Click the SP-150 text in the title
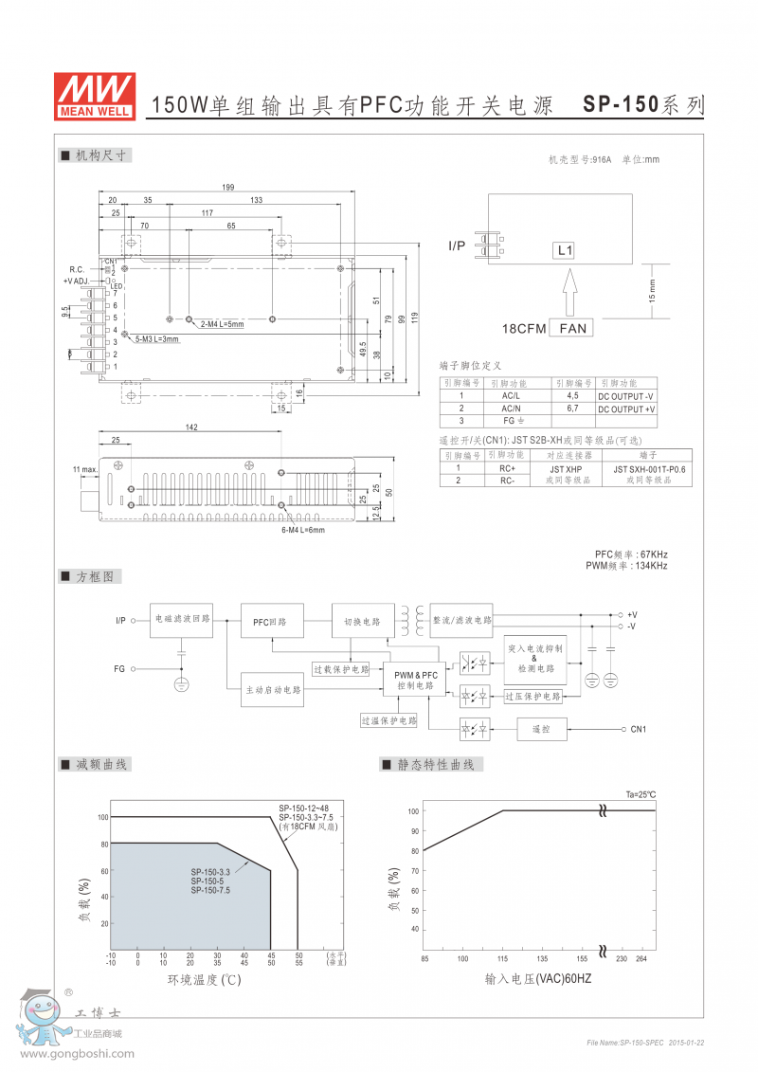tap(620, 105)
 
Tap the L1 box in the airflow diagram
tap(565, 251)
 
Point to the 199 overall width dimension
tap(227, 187)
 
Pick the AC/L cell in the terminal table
tap(510, 395)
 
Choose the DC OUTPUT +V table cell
tap(626, 409)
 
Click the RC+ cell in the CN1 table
tap(508, 468)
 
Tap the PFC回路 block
tap(269, 622)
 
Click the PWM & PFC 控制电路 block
tap(416, 679)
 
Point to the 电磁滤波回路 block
tap(182, 621)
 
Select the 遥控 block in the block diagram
tap(541, 729)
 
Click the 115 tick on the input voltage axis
tap(502, 958)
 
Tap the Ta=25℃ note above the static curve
tap(641, 794)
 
